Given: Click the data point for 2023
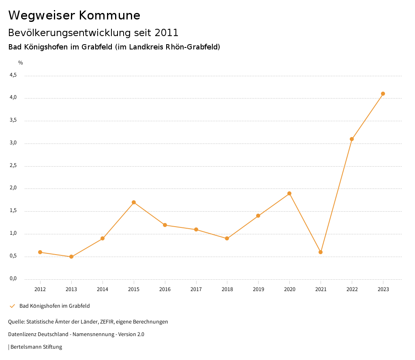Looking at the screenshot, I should click(383, 94).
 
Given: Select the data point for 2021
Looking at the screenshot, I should click(321, 252).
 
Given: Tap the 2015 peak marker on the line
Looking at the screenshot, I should click(134, 202).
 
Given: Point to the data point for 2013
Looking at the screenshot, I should click(71, 257).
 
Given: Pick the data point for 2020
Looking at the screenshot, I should click(289, 193).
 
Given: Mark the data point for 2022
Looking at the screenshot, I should click(352, 139).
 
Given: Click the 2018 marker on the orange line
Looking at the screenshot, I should click(227, 238).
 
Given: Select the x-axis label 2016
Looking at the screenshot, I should click(165, 289).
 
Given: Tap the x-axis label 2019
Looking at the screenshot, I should click(258, 289).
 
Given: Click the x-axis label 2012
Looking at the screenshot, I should click(40, 289).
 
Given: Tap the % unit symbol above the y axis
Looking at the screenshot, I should click(21, 62).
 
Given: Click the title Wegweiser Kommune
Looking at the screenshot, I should click(74, 15).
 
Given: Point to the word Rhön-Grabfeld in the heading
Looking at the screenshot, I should click(191, 47).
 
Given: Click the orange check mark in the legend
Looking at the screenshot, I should click(12, 306).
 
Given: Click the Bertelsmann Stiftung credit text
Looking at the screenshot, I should click(36, 347).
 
